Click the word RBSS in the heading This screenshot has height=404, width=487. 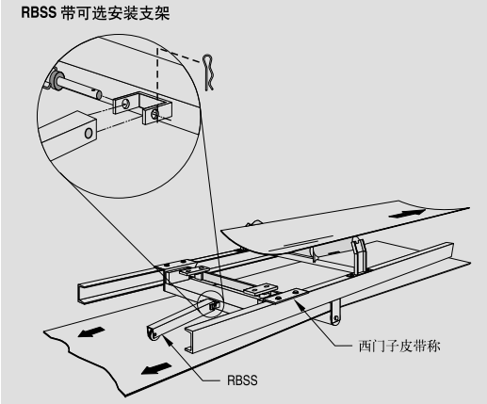[39, 12]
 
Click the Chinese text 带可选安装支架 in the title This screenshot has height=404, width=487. [115, 13]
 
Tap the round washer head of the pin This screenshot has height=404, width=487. [56, 80]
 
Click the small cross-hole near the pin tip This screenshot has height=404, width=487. [93, 91]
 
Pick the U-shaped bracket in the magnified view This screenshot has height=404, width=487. [141, 108]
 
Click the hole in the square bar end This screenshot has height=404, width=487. [89, 133]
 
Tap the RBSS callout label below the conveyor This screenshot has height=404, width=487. [242, 380]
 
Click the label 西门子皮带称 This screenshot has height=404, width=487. [399, 346]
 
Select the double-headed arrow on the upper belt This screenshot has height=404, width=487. [407, 214]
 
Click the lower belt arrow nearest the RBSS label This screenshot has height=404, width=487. [156, 368]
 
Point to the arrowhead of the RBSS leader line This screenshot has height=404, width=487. [165, 337]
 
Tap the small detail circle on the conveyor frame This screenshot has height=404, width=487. [211, 304]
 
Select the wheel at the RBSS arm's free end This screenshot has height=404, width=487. [154, 334]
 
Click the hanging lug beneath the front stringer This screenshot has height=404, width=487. [335, 313]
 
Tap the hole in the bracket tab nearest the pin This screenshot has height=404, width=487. [126, 103]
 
